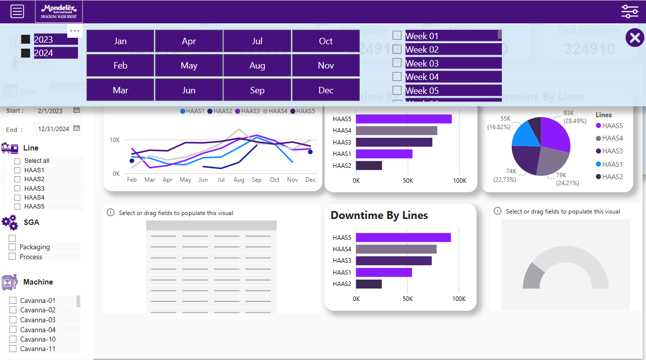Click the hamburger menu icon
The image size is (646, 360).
pyautogui.click(x=17, y=11)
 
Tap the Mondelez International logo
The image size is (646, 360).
pyautogui.click(x=59, y=11)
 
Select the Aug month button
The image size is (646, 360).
pyautogui.click(x=257, y=66)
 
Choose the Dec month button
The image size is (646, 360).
pyautogui.click(x=325, y=90)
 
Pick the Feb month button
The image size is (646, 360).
pyautogui.click(x=120, y=66)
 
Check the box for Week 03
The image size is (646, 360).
pyautogui.click(x=397, y=63)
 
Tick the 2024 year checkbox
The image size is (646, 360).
pyautogui.click(x=26, y=53)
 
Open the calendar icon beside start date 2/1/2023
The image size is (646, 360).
pyautogui.click(x=77, y=110)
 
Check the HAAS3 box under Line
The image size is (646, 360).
pyautogui.click(x=17, y=188)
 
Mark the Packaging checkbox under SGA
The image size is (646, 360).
pyautogui.click(x=12, y=247)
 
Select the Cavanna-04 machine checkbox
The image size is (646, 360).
pyautogui.click(x=13, y=330)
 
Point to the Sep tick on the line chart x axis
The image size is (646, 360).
pyautogui.click(x=257, y=180)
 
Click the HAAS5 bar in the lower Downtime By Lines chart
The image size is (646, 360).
pyautogui.click(x=403, y=237)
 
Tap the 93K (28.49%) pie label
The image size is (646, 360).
pyautogui.click(x=575, y=117)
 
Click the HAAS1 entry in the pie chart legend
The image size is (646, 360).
pyautogui.click(x=612, y=164)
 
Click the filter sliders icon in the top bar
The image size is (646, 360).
pyautogui.click(x=630, y=11)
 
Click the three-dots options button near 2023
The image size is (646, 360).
pyautogui.click(x=75, y=31)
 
